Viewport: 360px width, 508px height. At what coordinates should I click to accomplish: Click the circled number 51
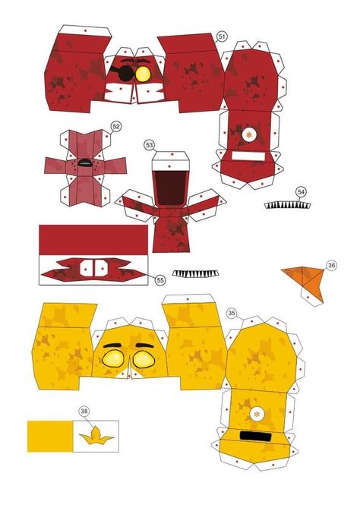coord(222,36)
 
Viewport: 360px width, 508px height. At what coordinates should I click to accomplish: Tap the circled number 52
coord(116,126)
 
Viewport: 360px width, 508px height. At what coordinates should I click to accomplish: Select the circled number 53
coord(149,145)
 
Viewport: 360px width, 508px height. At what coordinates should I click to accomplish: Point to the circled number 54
coord(301,192)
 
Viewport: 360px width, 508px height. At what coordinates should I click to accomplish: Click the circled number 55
coord(160,280)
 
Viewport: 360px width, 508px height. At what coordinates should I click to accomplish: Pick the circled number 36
coord(331,266)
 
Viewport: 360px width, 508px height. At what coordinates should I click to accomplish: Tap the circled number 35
coord(232,313)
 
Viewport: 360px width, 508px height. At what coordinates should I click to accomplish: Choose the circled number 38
coord(84,411)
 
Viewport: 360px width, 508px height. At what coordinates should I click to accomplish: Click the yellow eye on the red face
coord(144,74)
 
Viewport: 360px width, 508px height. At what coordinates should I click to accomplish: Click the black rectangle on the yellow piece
coord(256,437)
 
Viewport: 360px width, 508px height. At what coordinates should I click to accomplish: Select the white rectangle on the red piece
coord(248,156)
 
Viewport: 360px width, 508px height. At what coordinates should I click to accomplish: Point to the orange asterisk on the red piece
coord(249,134)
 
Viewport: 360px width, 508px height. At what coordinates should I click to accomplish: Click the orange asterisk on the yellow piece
coord(257,414)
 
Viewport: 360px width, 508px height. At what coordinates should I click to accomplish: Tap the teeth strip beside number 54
coord(287,206)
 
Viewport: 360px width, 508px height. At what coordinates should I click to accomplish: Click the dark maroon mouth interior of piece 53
coord(170,188)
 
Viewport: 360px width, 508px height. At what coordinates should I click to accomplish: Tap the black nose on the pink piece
coord(86,163)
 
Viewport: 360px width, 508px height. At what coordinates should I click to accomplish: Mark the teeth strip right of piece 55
coord(196,273)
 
